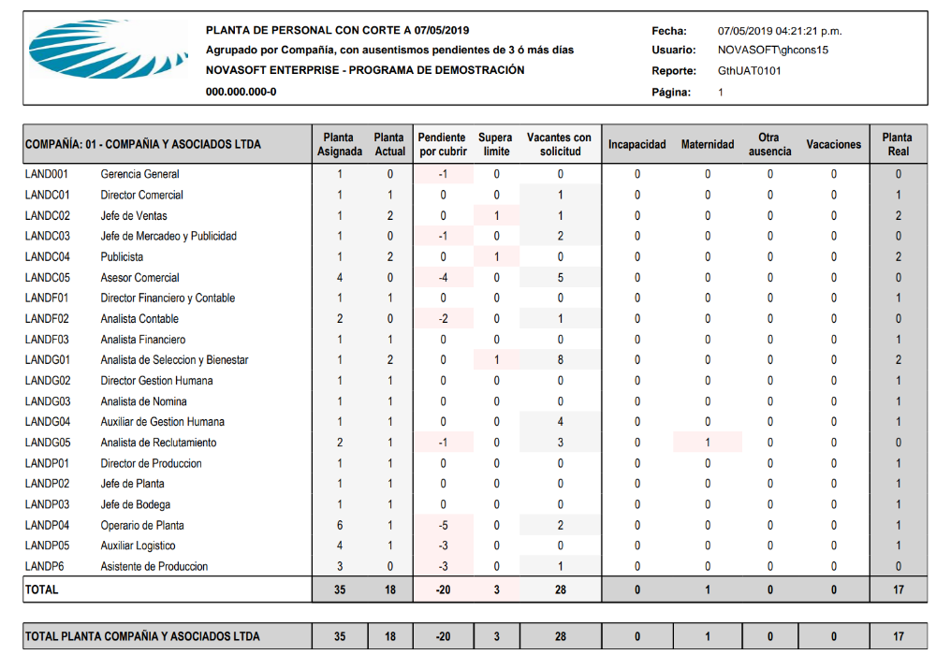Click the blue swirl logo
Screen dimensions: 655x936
click(102, 51)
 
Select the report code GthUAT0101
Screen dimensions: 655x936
click(749, 71)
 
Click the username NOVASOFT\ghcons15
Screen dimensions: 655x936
click(773, 51)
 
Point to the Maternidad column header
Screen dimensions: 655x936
click(708, 145)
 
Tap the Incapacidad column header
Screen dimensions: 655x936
click(637, 145)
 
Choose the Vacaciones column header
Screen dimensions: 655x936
click(833, 145)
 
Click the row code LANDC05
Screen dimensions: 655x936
click(48, 278)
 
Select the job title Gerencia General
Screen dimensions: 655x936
click(139, 174)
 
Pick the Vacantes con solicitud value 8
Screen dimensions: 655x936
click(561, 360)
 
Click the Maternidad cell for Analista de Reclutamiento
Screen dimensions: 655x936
click(708, 443)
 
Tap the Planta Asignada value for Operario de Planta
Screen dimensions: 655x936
click(340, 525)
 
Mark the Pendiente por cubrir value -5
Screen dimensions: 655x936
click(443, 525)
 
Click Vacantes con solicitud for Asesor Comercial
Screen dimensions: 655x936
click(561, 278)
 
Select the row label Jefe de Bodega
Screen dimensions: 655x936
click(135, 504)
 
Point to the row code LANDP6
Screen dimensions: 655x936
click(44, 566)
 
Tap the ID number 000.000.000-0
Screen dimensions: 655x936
click(241, 92)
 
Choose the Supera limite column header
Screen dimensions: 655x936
click(496, 145)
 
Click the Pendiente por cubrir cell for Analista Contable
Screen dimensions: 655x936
click(443, 319)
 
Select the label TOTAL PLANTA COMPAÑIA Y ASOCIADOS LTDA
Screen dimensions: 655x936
click(142, 636)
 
